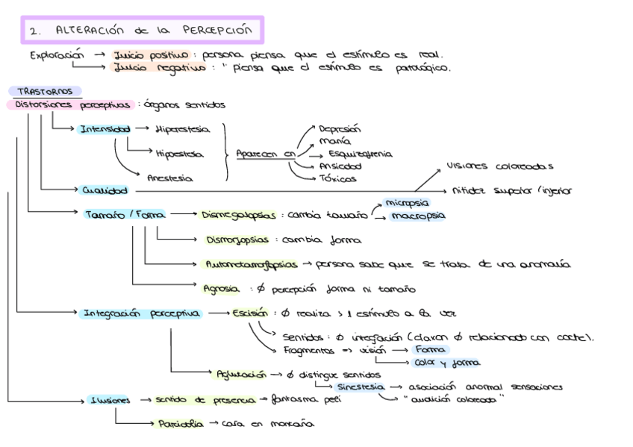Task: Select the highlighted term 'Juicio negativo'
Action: point(159,67)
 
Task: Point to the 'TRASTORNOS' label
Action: point(45,91)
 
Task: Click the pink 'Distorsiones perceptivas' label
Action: point(72,105)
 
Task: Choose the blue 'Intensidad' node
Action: point(105,129)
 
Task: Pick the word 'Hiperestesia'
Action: point(183,129)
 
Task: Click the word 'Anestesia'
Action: point(169,178)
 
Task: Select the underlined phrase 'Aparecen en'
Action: point(266,154)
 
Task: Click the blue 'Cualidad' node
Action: point(105,190)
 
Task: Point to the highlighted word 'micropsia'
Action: point(407,202)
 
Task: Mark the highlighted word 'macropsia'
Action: point(417,216)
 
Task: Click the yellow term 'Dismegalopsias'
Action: point(237,215)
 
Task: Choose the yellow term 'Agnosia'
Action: point(221,288)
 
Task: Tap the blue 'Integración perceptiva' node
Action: point(140,313)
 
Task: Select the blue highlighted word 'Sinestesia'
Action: point(361,387)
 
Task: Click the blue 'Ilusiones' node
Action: point(109,400)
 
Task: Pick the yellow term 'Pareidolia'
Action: point(180,424)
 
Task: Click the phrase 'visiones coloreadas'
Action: point(499,166)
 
